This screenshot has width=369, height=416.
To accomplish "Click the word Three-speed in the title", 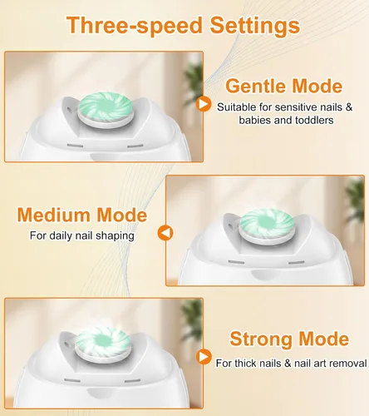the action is pos(135,26).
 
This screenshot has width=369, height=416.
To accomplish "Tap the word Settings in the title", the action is pos(255,26).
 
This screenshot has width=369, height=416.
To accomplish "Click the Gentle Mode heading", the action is pos(284,87).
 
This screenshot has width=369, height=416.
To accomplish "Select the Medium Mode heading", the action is pos(82,215).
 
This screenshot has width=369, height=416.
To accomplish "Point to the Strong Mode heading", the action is pos(289,339).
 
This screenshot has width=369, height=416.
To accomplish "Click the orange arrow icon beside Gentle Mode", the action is pos(204,104).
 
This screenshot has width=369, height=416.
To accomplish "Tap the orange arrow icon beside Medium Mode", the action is pos(165,233).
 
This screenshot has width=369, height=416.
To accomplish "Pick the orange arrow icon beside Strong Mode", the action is pos(204,356).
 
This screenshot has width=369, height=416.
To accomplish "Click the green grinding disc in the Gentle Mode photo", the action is pos(106,107).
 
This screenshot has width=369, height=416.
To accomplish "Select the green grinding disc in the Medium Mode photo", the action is pos(266,224).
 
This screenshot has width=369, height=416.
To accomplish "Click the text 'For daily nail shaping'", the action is pos(82,235).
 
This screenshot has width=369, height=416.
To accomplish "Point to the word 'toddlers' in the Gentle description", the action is pos(314,120).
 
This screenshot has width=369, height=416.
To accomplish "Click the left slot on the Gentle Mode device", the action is pos(75,146).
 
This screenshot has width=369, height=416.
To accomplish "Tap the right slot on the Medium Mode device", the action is pos(297,262).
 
